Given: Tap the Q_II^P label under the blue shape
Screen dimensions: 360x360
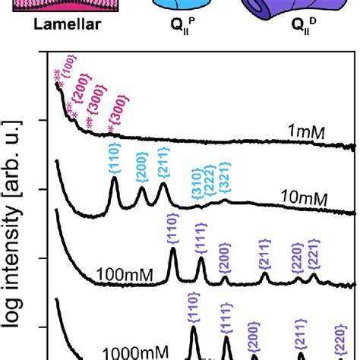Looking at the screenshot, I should click(x=176, y=33).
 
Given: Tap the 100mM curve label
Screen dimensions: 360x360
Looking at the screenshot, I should click(x=122, y=271).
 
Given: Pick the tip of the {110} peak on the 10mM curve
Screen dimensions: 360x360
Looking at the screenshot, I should click(x=115, y=179).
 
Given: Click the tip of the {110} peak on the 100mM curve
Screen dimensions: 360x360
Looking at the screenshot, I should click(x=172, y=249).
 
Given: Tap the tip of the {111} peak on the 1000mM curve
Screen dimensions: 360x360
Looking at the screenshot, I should click(x=226, y=338).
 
